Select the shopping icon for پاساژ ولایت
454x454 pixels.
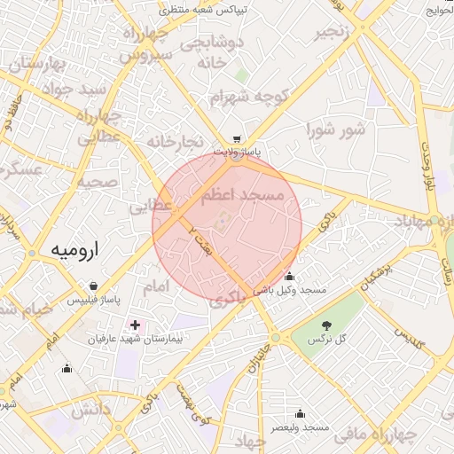pos(237,139)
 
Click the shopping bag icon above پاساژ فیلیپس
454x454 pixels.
pos(94,286)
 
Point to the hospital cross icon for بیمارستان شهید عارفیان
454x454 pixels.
pos(135,325)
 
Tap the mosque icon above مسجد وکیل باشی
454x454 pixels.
pos(289,277)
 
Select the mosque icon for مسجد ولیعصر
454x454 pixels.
pos(300,413)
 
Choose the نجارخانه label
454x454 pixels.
pos(175,141)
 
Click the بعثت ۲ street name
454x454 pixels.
pos(199,239)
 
